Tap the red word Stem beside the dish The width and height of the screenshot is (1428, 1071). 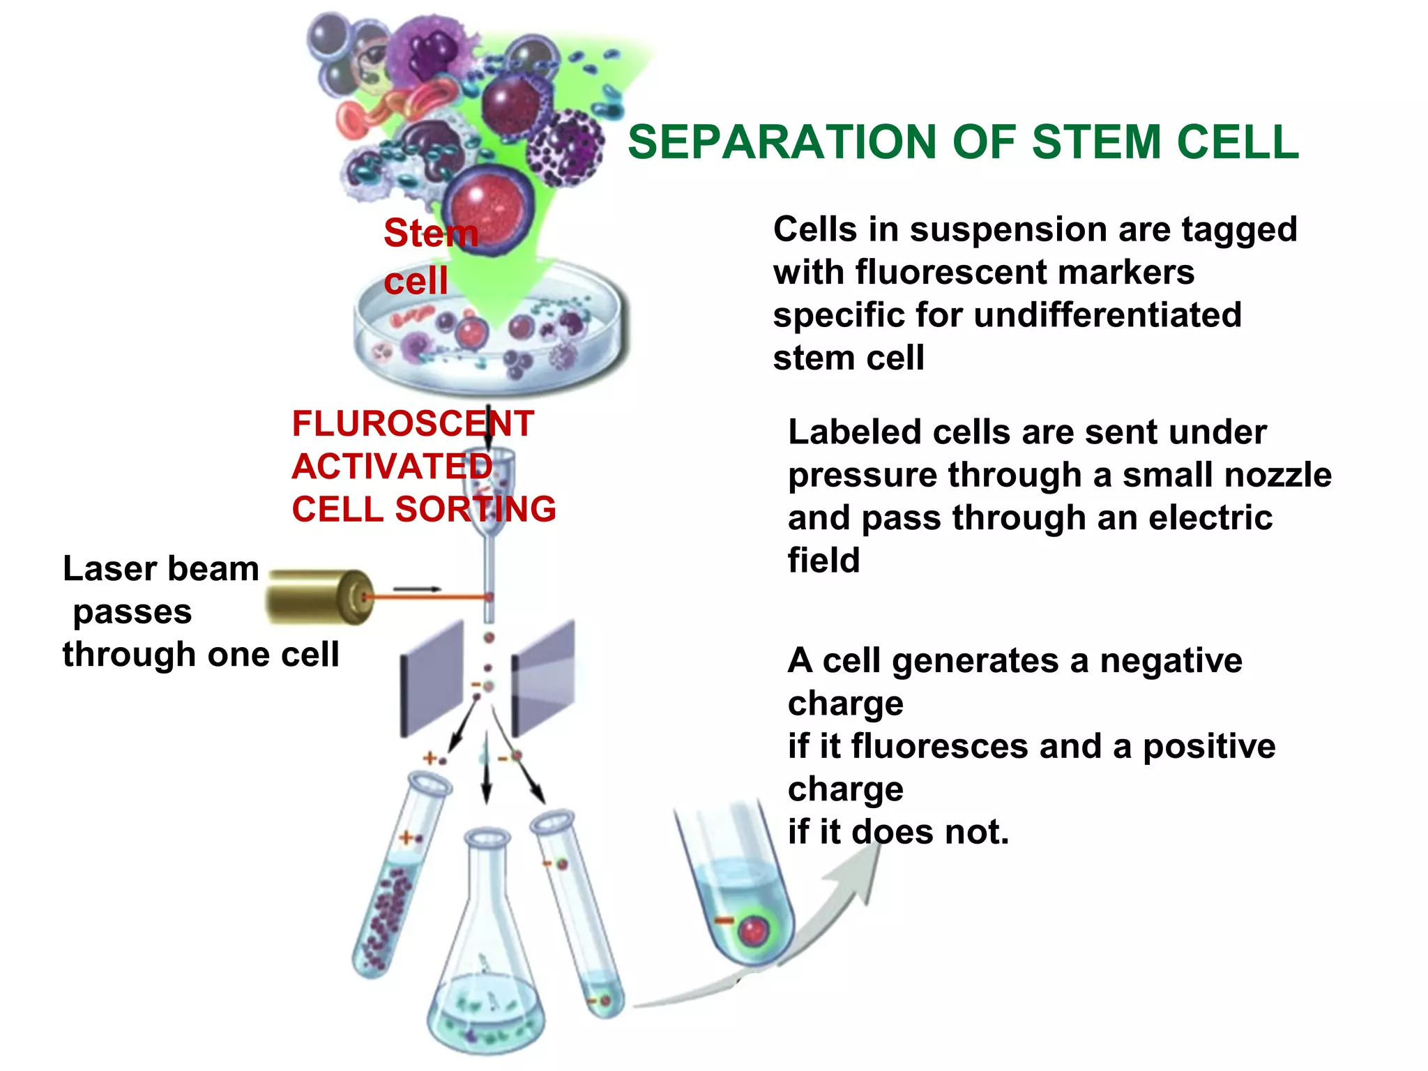pyautogui.click(x=430, y=233)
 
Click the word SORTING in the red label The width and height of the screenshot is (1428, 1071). pyautogui.click(x=476, y=510)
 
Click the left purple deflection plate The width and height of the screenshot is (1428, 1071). pyautogui.click(x=432, y=676)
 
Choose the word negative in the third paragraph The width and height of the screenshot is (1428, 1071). pyautogui.click(x=1171, y=661)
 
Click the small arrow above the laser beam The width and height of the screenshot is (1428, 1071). pyautogui.click(x=417, y=589)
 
